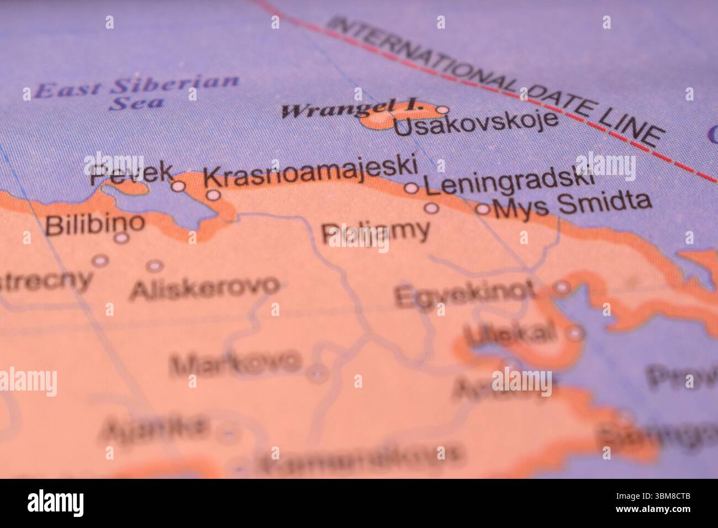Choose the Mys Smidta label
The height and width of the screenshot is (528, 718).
(x=572, y=205)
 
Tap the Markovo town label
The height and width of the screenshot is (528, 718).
(x=236, y=363)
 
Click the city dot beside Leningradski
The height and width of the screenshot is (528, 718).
(x=411, y=188)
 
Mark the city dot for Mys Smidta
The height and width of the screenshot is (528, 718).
(x=483, y=209)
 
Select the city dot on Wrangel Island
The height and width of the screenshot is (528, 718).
(x=442, y=109)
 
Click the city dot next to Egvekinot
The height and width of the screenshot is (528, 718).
(x=562, y=287)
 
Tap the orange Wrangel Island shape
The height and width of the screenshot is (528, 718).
(x=378, y=120)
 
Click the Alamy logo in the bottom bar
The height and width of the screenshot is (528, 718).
(x=56, y=503)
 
